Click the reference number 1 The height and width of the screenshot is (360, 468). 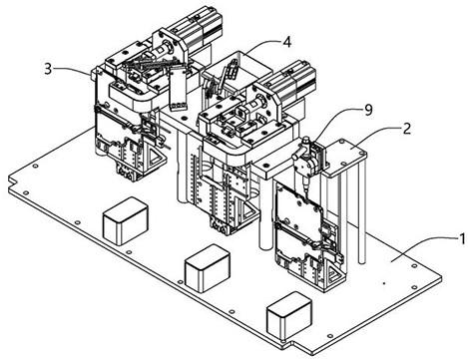pyautogui.click(x=462, y=239)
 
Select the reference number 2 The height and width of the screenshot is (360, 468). pyautogui.click(x=406, y=130)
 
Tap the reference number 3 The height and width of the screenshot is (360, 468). pyautogui.click(x=49, y=69)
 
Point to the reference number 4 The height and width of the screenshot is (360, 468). pyautogui.click(x=287, y=42)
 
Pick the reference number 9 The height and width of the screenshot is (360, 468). pyautogui.click(x=368, y=110)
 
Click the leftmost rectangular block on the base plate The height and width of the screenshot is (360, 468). pyautogui.click(x=125, y=220)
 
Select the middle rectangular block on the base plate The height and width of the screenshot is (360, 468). pyautogui.click(x=208, y=268)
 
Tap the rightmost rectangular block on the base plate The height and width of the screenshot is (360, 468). pyautogui.click(x=289, y=315)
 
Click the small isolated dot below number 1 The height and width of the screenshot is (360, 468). pyautogui.click(x=384, y=283)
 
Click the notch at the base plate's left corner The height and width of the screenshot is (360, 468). pyautogui.click(x=12, y=181)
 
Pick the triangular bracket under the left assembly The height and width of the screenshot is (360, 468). pyautogui.click(x=156, y=160)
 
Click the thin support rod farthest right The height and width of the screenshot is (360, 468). pyautogui.click(x=362, y=212)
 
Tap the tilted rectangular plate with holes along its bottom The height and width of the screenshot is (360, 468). pyautogui.click(x=177, y=88)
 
